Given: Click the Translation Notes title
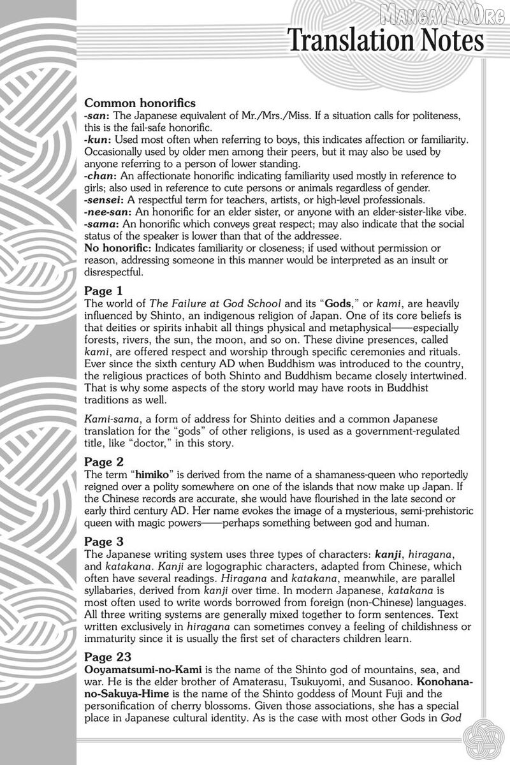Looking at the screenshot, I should tap(386, 41).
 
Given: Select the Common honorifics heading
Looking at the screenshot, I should tap(140, 103).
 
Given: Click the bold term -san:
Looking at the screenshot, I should tap(97, 115).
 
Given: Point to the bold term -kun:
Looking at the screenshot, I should tap(98, 139).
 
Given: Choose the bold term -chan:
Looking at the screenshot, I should tap(101, 175).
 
